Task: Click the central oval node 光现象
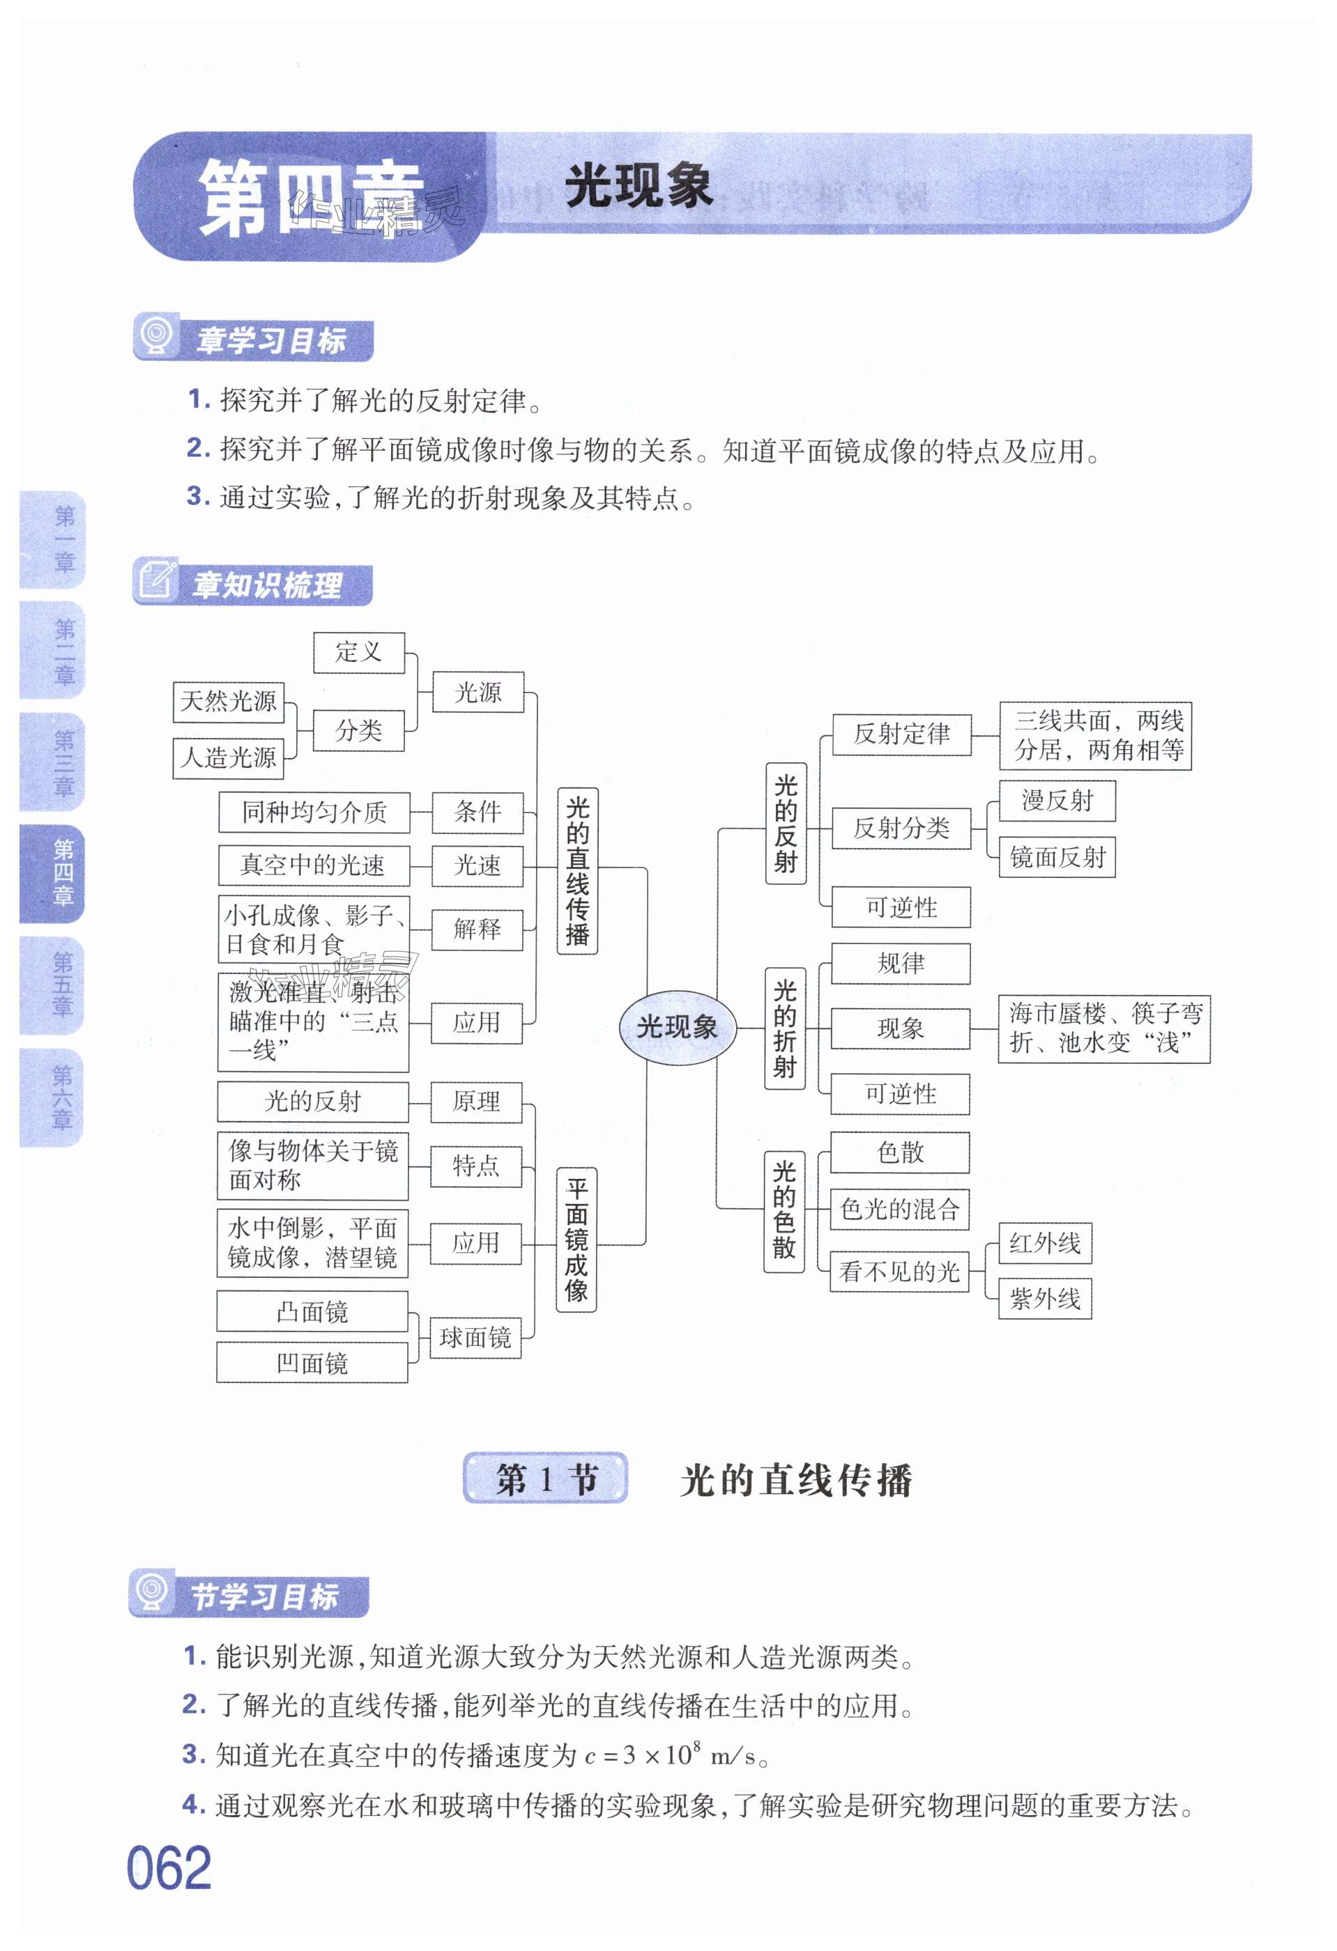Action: click(677, 1026)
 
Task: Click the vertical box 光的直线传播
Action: click(577, 870)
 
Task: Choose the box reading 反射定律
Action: click(901, 734)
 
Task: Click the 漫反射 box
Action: click(1057, 800)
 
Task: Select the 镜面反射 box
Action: click(1057, 857)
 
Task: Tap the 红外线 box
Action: click(1045, 1242)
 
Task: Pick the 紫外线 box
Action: click(1045, 1299)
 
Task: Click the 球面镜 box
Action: click(475, 1336)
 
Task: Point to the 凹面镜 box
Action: click(312, 1362)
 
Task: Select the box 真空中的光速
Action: click(313, 865)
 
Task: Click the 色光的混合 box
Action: click(899, 1209)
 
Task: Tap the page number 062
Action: click(169, 1868)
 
